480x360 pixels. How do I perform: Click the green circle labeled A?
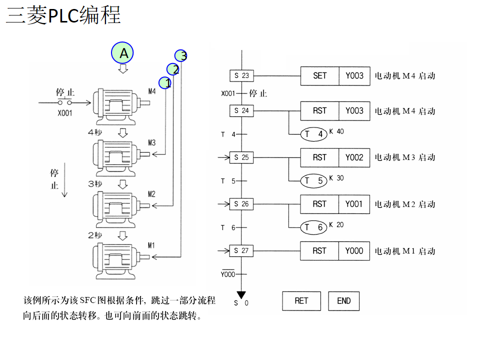pyautogui.click(x=123, y=52)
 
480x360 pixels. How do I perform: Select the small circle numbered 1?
pyautogui.click(x=165, y=82)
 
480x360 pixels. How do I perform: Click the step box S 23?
pyautogui.click(x=241, y=75)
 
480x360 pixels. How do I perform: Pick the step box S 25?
pyautogui.click(x=241, y=157)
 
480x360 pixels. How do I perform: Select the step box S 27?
pyautogui.click(x=241, y=250)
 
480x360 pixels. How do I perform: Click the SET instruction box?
pyautogui.click(x=319, y=75)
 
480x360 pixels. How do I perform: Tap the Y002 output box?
pyautogui.click(x=354, y=157)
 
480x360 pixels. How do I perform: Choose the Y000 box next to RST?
pyautogui.click(x=354, y=250)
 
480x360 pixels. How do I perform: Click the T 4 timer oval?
pyautogui.click(x=314, y=134)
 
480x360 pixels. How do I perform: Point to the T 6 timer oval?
pyautogui.click(x=314, y=227)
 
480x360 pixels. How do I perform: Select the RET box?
pyautogui.click(x=301, y=300)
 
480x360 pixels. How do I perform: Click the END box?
pyautogui.click(x=344, y=300)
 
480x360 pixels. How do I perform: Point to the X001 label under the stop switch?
pyautogui.click(x=64, y=113)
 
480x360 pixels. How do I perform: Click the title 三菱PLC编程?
pyautogui.click(x=63, y=15)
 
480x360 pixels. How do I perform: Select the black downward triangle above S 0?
pyautogui.click(x=241, y=295)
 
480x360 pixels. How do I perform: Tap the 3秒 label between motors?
pyautogui.click(x=95, y=183)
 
